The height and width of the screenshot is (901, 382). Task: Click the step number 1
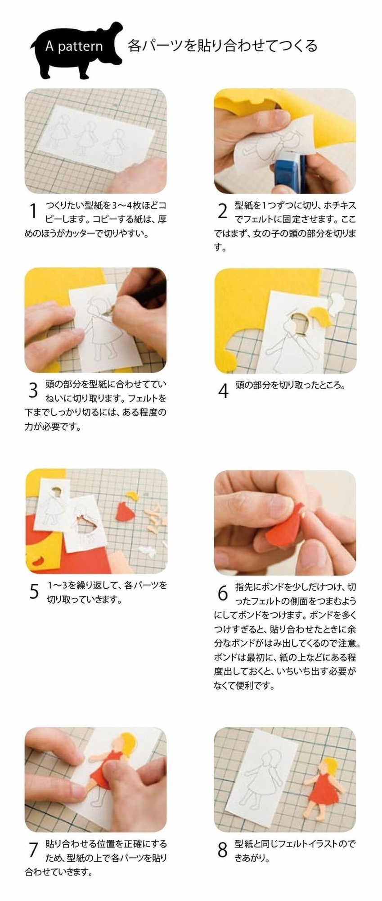pos(32,212)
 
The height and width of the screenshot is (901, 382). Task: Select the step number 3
pos(33,391)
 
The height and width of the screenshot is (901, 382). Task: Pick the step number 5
pos(34,591)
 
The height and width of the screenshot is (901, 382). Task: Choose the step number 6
pos(223,593)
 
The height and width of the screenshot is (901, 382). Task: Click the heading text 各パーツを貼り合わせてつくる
pos(223,46)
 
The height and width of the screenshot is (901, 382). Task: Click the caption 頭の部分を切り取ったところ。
pos(290,386)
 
